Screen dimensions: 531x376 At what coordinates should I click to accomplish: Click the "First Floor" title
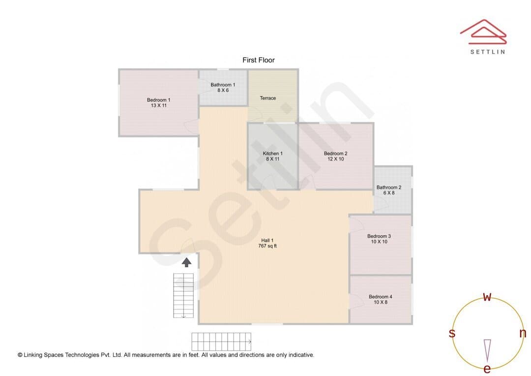click(259, 60)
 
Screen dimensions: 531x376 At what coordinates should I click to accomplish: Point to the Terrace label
click(268, 98)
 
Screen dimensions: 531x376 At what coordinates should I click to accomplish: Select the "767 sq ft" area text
click(267, 246)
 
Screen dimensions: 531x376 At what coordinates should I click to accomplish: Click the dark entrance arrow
click(187, 262)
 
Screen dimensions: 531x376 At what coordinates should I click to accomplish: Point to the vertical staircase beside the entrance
click(183, 296)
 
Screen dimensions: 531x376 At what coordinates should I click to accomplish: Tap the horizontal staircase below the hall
click(221, 342)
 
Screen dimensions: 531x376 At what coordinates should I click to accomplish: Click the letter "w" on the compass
click(487, 297)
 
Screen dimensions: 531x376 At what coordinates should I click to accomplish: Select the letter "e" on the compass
click(487, 369)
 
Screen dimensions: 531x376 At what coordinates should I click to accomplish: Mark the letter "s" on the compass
click(452, 333)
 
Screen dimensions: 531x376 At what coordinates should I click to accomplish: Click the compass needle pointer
click(487, 350)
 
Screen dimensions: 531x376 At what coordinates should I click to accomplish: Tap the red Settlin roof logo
click(483, 32)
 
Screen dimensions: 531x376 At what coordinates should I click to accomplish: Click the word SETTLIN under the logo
click(488, 52)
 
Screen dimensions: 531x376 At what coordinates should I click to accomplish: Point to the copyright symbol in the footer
click(20, 355)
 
